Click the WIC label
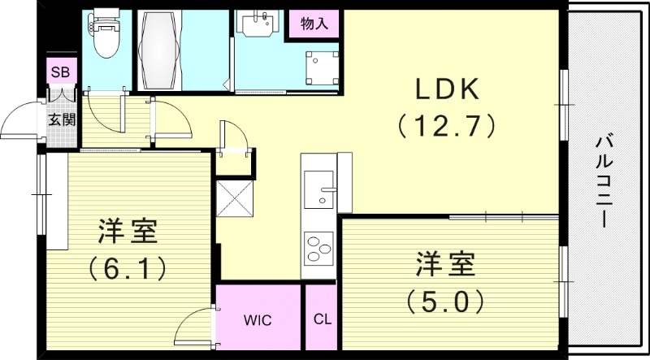pyautogui.click(x=258, y=319)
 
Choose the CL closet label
pyautogui.click(x=322, y=319)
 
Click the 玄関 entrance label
pyautogui.click(x=60, y=120)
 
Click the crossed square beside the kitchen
pyautogui.click(x=234, y=197)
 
